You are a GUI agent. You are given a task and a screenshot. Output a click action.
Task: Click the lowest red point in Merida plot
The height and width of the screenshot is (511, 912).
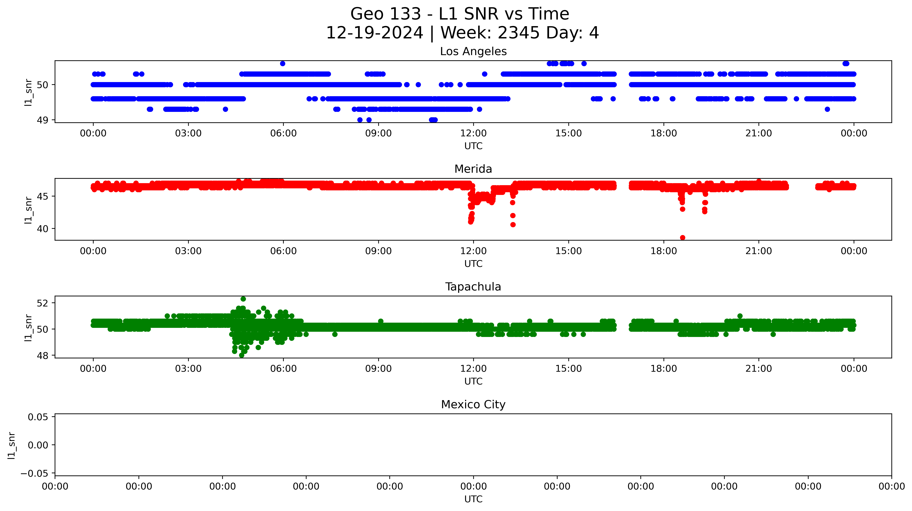point(682,238)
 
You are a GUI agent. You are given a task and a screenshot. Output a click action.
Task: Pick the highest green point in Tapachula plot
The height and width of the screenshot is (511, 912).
point(243,299)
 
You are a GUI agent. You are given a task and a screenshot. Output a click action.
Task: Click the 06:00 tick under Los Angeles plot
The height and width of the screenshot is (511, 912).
point(283,133)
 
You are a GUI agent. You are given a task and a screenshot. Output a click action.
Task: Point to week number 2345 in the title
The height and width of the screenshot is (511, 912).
point(519,33)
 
